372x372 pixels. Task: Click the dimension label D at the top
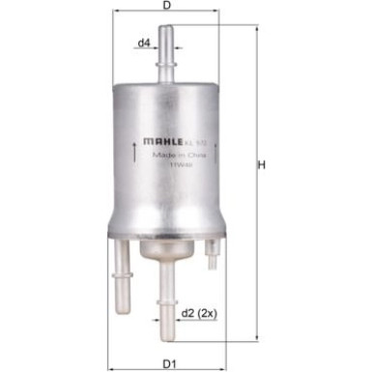click(x=167, y=8)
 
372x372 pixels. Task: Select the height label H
click(x=261, y=166)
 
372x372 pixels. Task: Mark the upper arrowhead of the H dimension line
click(x=257, y=30)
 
